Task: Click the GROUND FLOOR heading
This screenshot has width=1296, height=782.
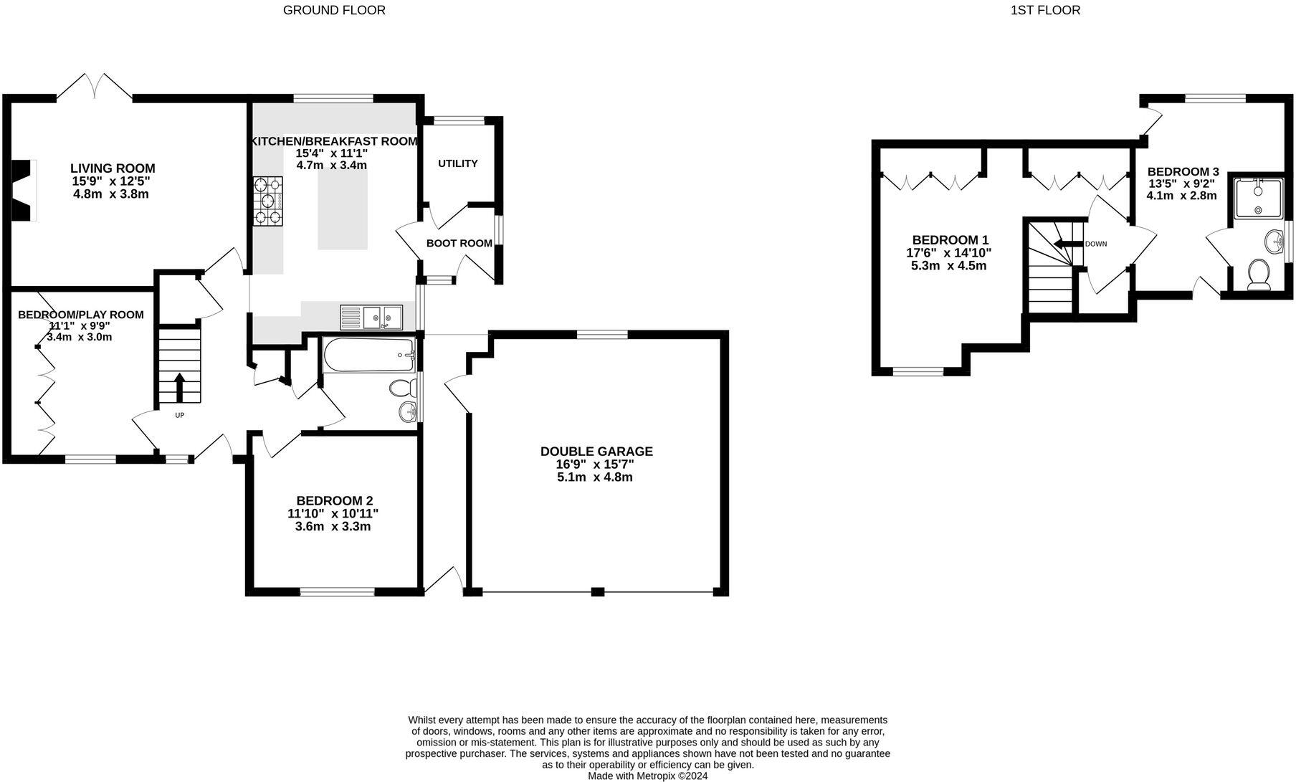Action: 334,10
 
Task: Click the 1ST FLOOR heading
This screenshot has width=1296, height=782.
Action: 1045,10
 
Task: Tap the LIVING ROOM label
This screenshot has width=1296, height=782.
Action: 113,168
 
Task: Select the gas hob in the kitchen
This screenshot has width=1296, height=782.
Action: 267,201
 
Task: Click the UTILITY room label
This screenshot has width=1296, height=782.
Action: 457,163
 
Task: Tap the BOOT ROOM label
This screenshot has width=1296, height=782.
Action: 459,243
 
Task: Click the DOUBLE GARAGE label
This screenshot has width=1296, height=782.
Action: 596,452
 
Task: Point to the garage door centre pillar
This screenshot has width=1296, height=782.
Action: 597,592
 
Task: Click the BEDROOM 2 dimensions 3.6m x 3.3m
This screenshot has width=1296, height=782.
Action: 333,527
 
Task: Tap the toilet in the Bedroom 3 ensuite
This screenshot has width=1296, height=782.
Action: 1258,274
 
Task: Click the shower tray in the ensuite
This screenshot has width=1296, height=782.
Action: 1258,198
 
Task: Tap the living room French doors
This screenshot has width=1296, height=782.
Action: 95,86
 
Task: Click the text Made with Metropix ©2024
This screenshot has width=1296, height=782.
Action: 647,776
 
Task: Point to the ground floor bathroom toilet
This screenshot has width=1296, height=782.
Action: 403,389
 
